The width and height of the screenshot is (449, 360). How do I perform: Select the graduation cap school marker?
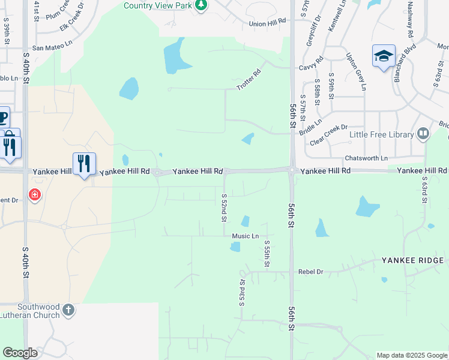384,56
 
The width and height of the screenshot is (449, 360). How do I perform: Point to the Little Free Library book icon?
423,134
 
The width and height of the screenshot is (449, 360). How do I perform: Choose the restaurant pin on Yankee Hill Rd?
84,163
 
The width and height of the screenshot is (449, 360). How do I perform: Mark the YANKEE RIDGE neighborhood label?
412,260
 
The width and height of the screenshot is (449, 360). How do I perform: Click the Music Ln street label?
246,236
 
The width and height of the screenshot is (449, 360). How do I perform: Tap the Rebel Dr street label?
310,272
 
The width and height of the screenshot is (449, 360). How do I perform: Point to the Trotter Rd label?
249,80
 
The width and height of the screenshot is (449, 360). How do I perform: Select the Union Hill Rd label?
267,23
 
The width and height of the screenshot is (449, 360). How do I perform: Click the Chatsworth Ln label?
366,158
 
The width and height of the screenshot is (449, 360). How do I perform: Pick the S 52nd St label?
224,206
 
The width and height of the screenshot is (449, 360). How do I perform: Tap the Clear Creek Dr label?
329,135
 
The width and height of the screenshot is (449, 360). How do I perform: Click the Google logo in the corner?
20,353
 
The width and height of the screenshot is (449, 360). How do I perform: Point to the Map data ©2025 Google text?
411,355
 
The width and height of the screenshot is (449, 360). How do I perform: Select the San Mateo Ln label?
52,47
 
